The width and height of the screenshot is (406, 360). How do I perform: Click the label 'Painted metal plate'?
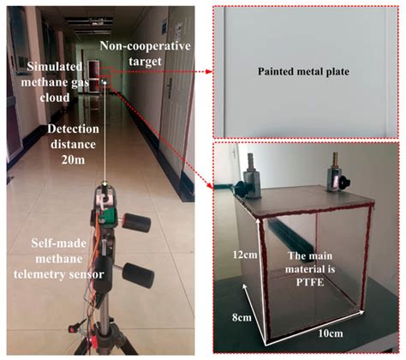point(303,71)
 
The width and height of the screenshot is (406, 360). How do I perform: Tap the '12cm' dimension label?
point(245,255)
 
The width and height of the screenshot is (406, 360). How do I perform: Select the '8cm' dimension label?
point(242,317)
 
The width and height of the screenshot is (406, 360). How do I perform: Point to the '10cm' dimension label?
point(331,333)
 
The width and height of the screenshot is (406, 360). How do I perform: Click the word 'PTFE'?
point(310,282)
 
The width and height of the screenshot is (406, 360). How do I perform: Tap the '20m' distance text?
point(73,159)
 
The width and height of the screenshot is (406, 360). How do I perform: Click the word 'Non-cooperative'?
point(145,45)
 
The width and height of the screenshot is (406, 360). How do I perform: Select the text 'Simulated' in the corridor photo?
point(55,67)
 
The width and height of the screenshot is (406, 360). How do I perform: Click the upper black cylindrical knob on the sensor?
point(137,222)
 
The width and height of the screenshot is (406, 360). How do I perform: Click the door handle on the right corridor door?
point(170,87)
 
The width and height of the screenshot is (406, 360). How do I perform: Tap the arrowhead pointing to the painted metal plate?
point(210,72)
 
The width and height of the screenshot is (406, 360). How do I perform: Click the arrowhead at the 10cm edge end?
point(361,312)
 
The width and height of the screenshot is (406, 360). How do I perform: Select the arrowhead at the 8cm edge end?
point(244,286)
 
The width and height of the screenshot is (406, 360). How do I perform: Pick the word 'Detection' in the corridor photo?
point(73,129)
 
